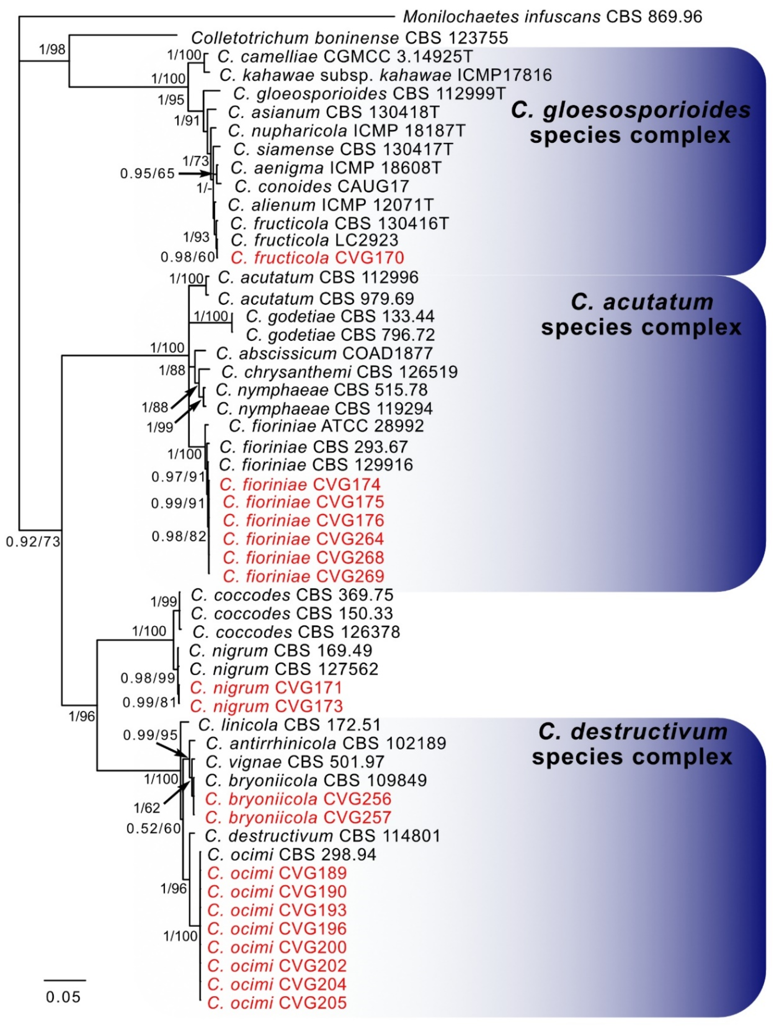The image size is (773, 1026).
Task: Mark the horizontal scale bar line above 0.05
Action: (65, 980)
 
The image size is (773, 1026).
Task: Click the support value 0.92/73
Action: (33, 541)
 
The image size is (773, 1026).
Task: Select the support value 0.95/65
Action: (147, 173)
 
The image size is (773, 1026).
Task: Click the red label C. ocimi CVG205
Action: (277, 1003)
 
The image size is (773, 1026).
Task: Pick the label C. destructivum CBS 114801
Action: (322, 836)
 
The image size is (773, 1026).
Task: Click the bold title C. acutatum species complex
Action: (641, 314)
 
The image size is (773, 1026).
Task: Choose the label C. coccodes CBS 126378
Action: (296, 632)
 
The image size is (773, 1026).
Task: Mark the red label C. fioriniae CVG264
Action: (303, 539)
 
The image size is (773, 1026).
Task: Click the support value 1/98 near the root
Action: (52, 49)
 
